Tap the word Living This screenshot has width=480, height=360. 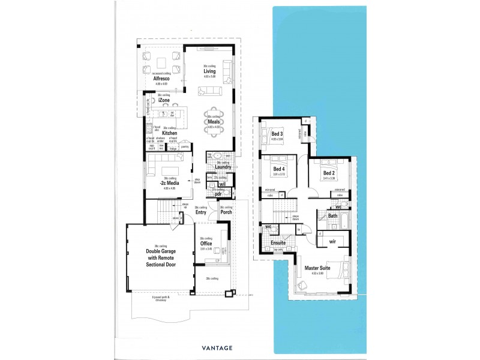click(209, 71)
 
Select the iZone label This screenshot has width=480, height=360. click(164, 100)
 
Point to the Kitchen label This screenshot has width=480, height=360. click(169, 133)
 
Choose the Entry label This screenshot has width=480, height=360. click(201, 212)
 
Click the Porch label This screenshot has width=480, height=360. click(226, 212)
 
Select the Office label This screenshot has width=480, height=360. click(206, 243)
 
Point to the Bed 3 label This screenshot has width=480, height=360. click(277, 134)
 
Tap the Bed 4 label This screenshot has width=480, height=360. click(279, 169)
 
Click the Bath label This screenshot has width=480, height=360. click(332, 215)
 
